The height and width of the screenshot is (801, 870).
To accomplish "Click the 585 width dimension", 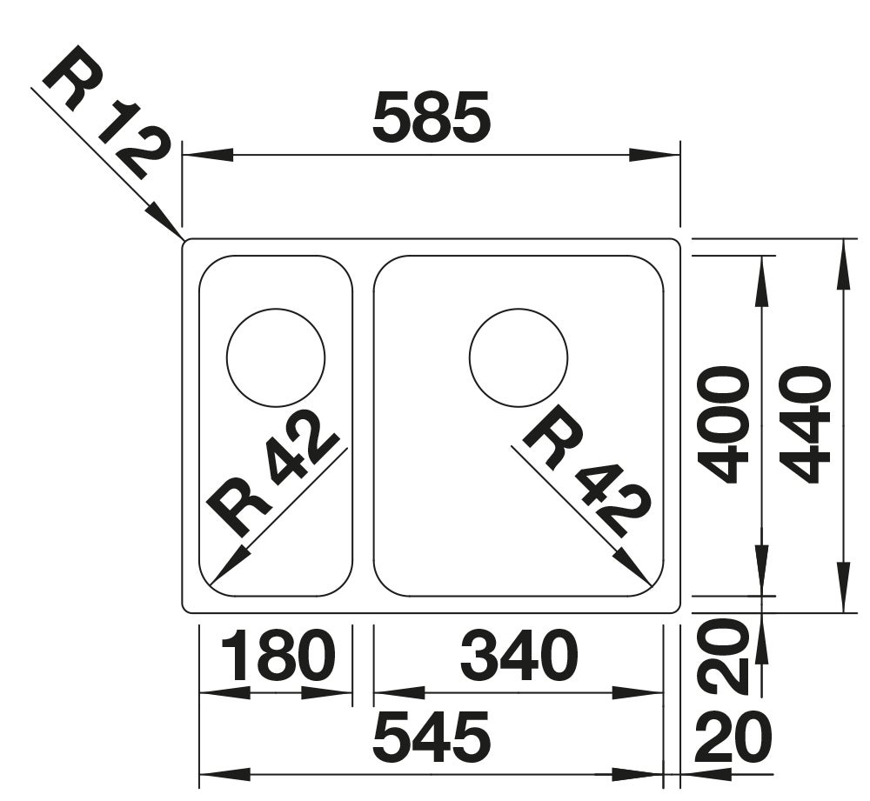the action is [432, 117].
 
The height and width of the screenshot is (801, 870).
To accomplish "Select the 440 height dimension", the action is [805, 424].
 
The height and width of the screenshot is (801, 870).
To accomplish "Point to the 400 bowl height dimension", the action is [723, 424].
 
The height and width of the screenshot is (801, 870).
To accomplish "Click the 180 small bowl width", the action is [278, 655].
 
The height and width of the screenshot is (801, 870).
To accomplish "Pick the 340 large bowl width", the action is [519, 655].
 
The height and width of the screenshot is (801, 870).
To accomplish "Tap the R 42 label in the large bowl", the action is [589, 471].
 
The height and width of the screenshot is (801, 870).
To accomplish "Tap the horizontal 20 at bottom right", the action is [733, 738].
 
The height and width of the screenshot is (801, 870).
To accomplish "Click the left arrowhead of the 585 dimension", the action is [208, 156].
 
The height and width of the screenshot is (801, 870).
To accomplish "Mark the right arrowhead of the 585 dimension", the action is [655, 156].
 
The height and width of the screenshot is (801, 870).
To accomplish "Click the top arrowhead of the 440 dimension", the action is [843, 264].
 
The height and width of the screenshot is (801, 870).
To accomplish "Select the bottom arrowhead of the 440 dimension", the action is [843, 587].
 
